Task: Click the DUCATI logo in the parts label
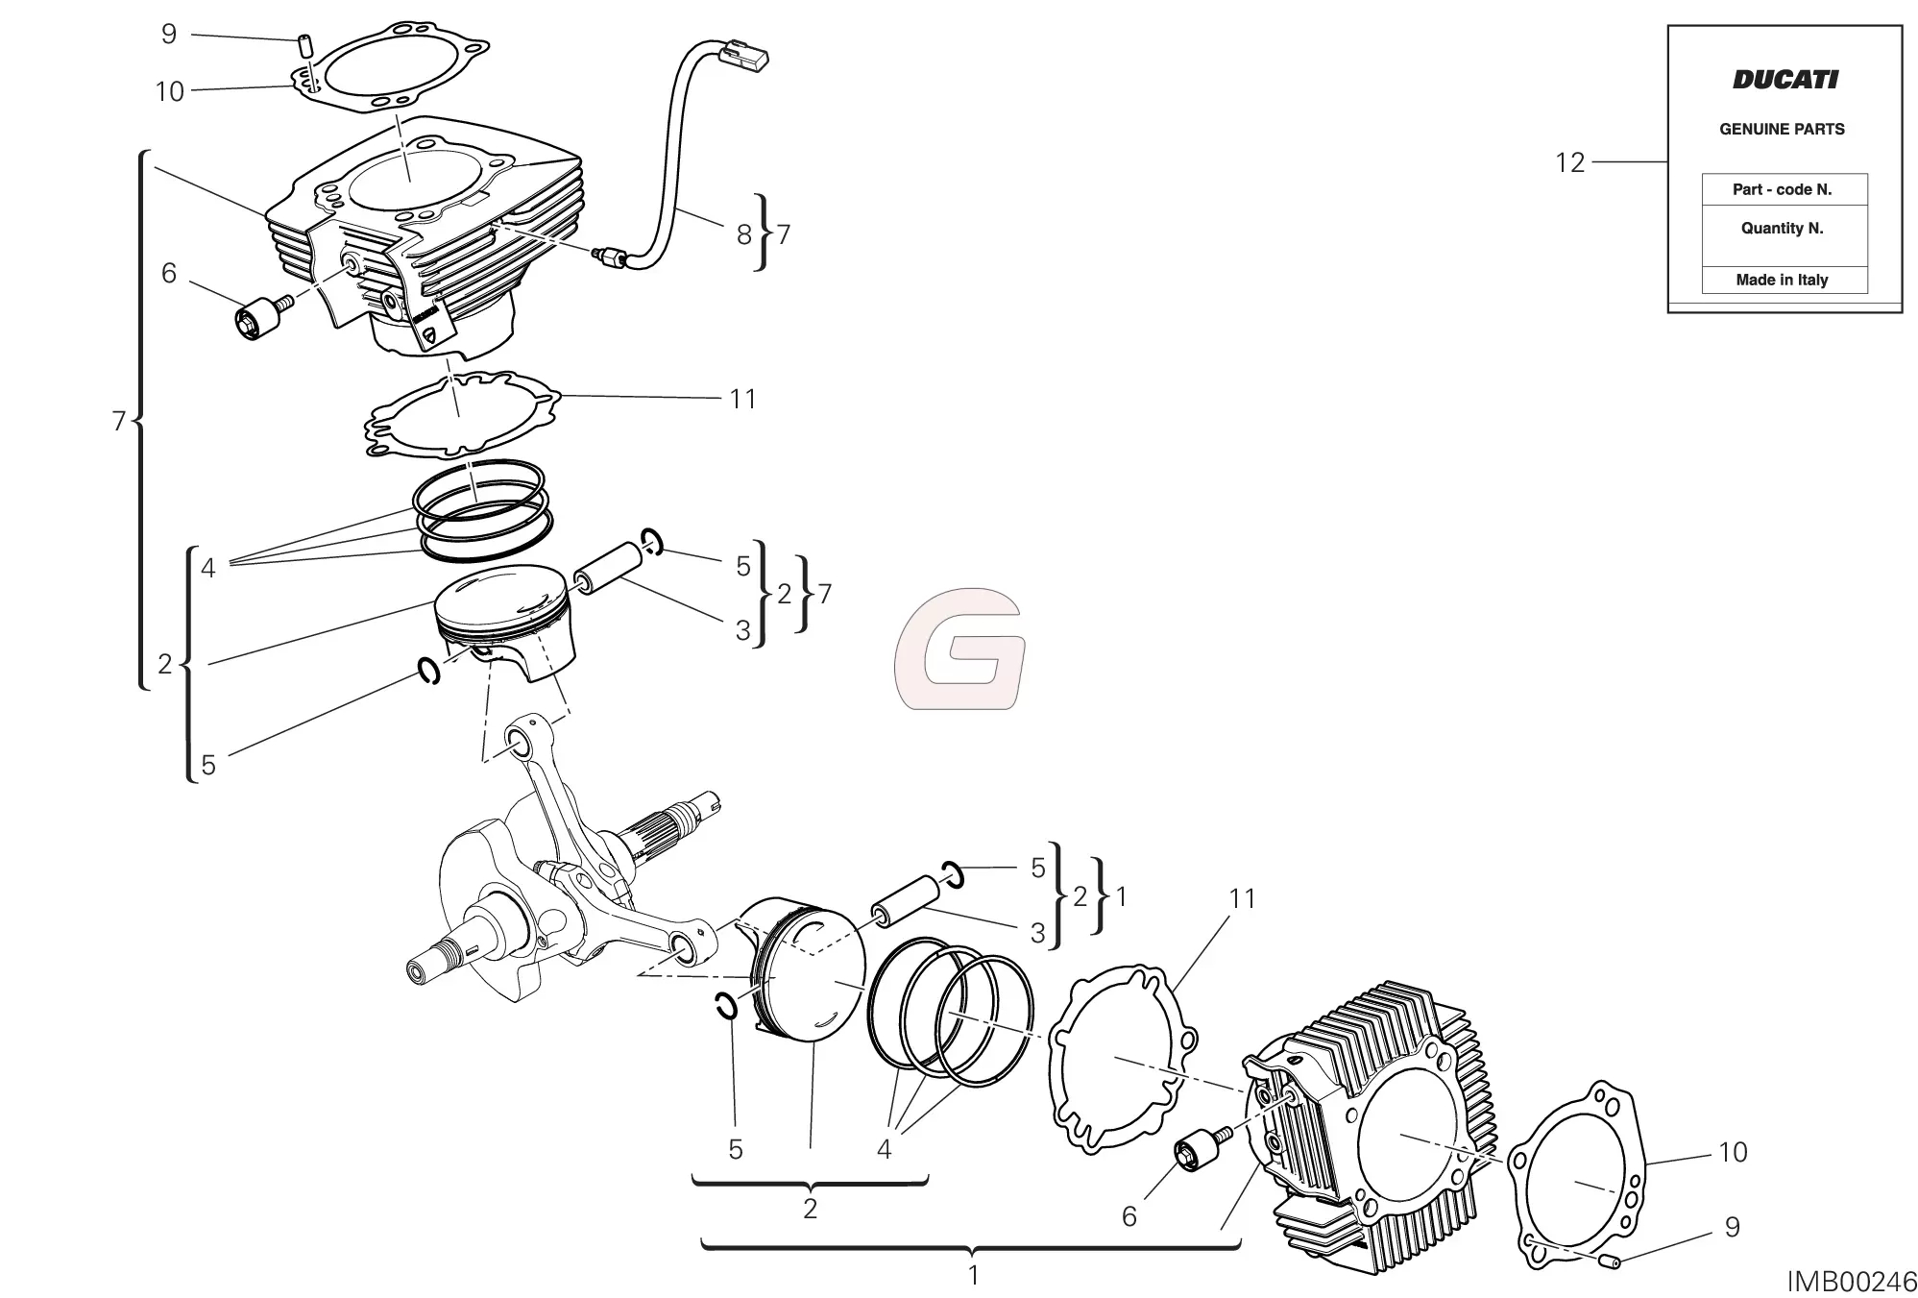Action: pyautogui.click(x=1784, y=80)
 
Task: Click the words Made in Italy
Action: pyautogui.click(x=1782, y=280)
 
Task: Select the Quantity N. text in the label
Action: pyautogui.click(x=1782, y=229)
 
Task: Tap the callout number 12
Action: pyautogui.click(x=1569, y=162)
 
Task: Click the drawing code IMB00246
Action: pyautogui.click(x=1852, y=1281)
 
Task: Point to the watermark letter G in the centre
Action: pyautogui.click(x=959, y=649)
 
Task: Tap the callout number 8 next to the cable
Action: pyautogui.click(x=743, y=234)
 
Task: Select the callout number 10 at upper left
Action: pyautogui.click(x=169, y=91)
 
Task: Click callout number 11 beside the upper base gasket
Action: pyautogui.click(x=742, y=399)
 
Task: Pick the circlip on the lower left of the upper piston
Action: pyautogui.click(x=429, y=671)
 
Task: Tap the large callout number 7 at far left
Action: pyautogui.click(x=119, y=421)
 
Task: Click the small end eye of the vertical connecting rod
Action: pyautogui.click(x=520, y=743)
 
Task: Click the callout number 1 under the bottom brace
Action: pyautogui.click(x=973, y=1276)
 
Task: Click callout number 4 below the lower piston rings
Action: pyautogui.click(x=884, y=1149)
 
